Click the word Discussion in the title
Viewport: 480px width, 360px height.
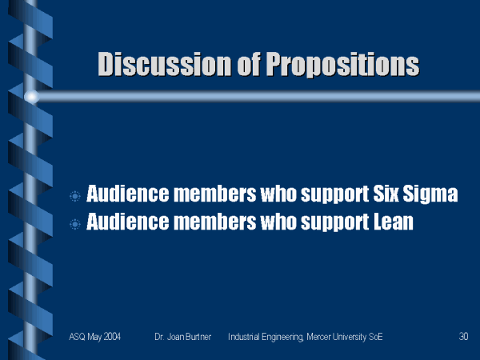coord(164,64)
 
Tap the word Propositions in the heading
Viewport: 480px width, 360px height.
coord(342,65)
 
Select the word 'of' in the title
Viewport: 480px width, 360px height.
coord(249,64)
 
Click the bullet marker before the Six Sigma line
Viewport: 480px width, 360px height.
coord(74,196)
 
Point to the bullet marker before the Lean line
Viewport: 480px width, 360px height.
coord(74,224)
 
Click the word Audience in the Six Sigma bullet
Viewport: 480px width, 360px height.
coord(127,194)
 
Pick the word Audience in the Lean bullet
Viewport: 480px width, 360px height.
coord(127,222)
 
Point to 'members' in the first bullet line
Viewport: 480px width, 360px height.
coord(214,194)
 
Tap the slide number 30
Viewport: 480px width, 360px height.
coord(463,337)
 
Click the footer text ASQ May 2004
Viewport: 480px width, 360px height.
coord(94,337)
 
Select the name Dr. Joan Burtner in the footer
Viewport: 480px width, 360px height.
coord(182,337)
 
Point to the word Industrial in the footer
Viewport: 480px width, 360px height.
coord(244,337)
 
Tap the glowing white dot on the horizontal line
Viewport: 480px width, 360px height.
coord(31,97)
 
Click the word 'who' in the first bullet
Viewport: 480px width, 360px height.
coord(278,194)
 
